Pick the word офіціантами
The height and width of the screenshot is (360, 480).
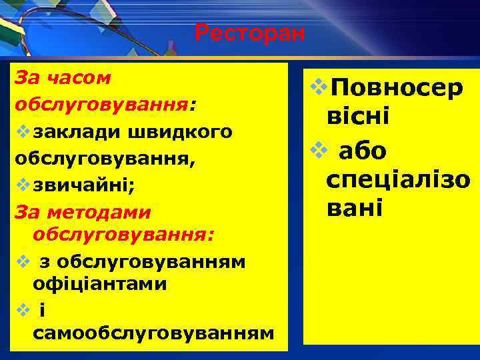99,283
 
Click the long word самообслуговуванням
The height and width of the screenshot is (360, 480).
153,332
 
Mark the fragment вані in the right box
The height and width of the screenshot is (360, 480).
355,209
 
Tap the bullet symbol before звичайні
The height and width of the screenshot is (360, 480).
19,185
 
